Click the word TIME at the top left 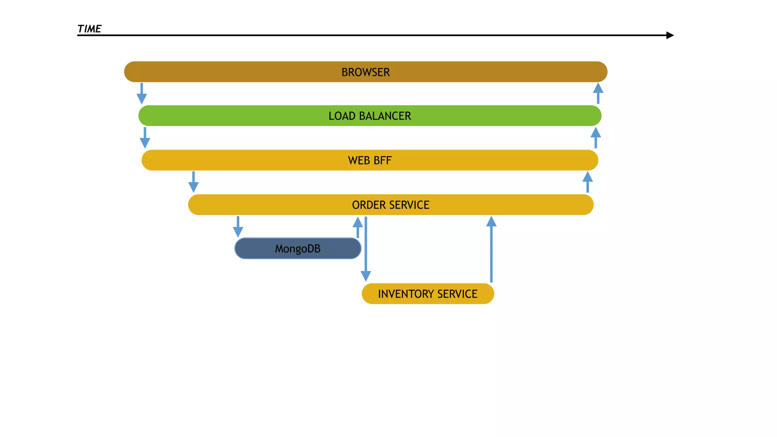point(89,29)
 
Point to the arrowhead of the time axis point(670,35)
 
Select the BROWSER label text point(365,72)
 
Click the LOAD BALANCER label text point(370,116)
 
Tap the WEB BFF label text point(370,160)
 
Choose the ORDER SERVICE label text point(390,205)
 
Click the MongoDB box point(297,248)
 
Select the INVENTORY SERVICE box point(428,294)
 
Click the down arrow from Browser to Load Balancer point(142,94)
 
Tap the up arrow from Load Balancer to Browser point(598,93)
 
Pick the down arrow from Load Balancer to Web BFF point(145,138)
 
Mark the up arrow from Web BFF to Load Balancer point(596,137)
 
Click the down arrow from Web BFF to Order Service point(193,182)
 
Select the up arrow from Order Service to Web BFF point(587,182)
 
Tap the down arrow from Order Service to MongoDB point(238,227)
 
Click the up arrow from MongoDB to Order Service point(357,227)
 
